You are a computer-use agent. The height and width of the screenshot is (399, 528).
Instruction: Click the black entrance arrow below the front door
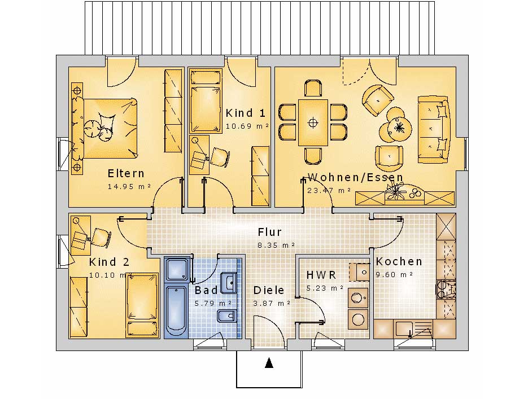(x=269, y=363)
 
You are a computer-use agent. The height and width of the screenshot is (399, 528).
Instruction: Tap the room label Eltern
(x=126, y=174)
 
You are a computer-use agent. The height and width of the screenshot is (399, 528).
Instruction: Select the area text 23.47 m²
(x=329, y=190)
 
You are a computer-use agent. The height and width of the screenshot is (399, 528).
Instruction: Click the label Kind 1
(x=246, y=113)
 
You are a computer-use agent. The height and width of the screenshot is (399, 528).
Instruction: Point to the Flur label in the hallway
(x=269, y=232)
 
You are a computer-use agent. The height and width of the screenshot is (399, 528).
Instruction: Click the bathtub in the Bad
(x=176, y=310)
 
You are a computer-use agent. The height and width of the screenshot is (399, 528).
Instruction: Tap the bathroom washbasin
(x=228, y=282)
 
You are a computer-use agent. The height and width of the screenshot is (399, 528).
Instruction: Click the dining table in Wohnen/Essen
(x=313, y=122)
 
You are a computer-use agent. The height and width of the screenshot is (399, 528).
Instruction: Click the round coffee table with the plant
(x=399, y=127)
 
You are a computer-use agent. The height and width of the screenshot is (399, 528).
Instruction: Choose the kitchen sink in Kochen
(x=404, y=328)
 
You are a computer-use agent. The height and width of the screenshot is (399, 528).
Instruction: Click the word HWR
(x=321, y=275)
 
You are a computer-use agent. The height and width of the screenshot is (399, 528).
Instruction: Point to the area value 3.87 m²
(x=272, y=304)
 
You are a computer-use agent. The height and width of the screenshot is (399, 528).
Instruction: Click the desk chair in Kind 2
(x=101, y=236)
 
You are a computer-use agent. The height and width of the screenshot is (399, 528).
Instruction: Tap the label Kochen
(x=399, y=261)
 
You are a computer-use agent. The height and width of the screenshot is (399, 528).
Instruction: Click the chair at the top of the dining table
(x=313, y=88)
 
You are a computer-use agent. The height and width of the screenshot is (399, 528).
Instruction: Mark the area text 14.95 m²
(x=129, y=186)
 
